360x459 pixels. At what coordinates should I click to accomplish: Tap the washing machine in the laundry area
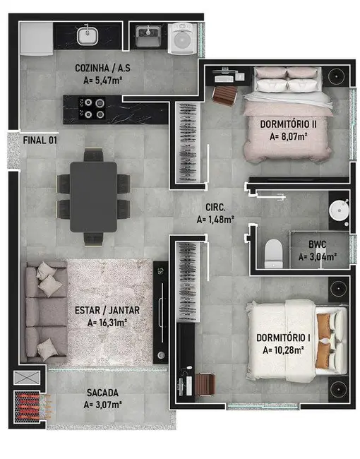(x=181, y=38)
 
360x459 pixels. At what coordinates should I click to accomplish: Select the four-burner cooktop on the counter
(x=92, y=108)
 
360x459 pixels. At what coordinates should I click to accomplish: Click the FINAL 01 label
(x=40, y=141)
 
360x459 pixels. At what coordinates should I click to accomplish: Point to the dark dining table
(x=93, y=197)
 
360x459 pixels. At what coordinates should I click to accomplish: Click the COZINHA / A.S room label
(x=102, y=68)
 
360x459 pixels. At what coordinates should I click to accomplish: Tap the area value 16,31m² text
(x=107, y=323)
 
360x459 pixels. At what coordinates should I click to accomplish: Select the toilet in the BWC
(x=273, y=254)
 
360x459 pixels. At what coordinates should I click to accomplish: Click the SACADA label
(x=102, y=393)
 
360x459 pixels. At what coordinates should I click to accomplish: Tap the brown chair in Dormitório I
(x=205, y=385)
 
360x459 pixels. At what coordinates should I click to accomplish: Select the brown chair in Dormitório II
(x=224, y=95)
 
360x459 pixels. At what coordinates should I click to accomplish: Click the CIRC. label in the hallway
(x=215, y=208)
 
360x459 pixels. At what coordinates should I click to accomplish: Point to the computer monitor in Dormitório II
(x=224, y=71)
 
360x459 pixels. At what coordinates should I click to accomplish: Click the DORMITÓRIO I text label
(x=283, y=338)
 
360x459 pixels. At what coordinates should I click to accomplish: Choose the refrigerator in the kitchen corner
(x=37, y=39)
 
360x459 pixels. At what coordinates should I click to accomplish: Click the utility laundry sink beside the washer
(x=148, y=36)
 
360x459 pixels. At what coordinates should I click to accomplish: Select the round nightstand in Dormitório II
(x=337, y=76)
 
